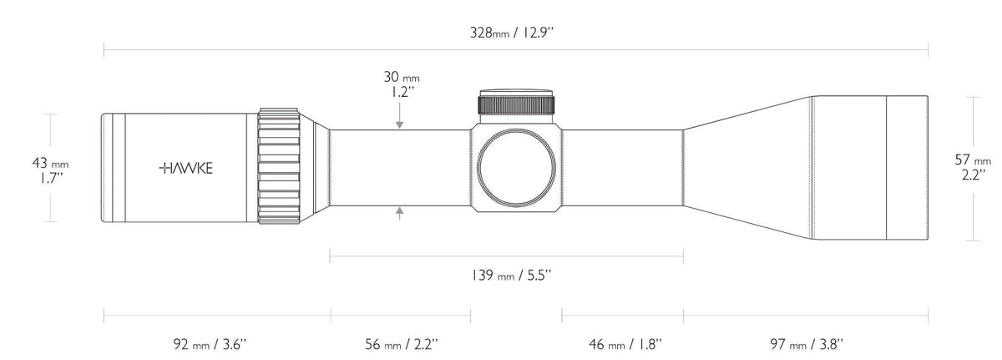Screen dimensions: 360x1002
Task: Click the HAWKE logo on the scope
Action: coord(185,168)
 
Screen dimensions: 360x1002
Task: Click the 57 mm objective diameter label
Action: coord(972,160)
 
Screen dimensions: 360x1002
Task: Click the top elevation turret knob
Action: coord(516,101)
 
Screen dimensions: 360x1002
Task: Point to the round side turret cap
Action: coord(516,168)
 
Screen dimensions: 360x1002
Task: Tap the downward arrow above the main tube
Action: coord(401,124)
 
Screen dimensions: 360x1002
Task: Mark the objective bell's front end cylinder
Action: coord(906,168)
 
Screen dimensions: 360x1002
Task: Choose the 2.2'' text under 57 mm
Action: coord(972,175)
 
